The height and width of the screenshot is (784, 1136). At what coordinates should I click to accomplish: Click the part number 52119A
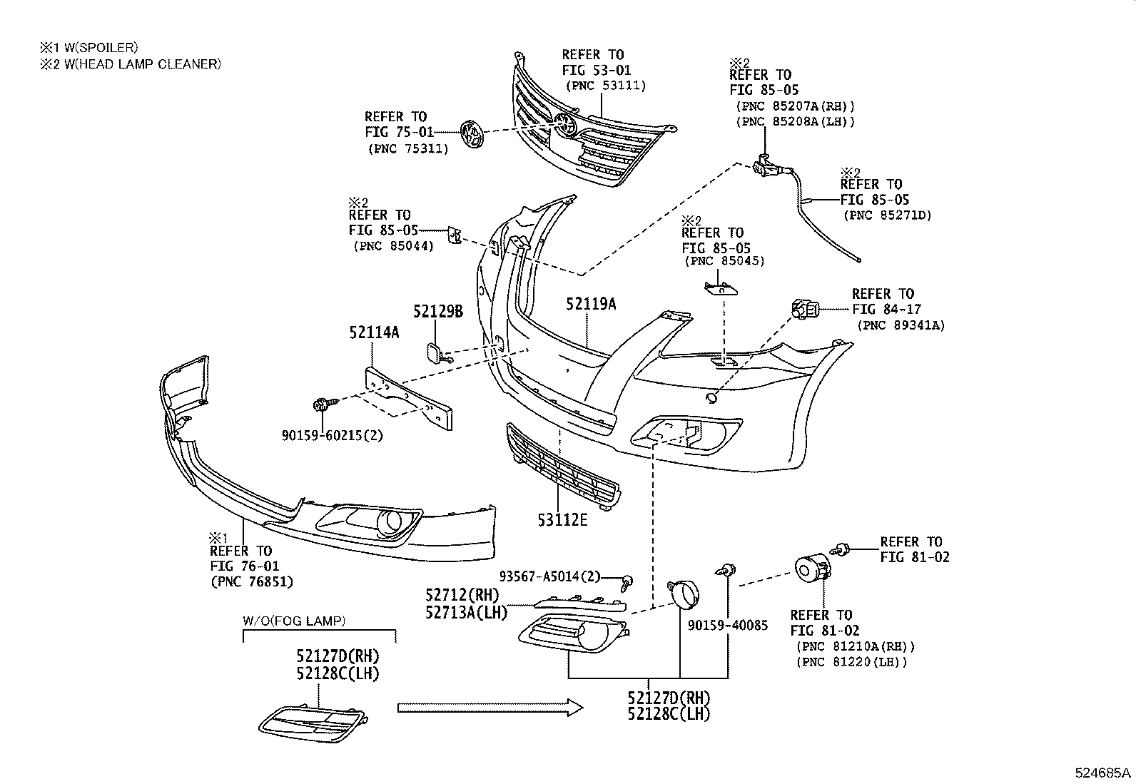[x=591, y=304]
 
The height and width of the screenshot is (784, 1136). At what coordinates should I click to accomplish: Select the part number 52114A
[x=374, y=332]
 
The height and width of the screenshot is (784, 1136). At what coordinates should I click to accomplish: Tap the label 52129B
[x=438, y=311]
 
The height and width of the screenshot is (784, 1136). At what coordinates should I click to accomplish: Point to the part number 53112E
[x=562, y=520]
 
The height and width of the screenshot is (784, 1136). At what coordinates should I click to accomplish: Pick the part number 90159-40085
[x=728, y=626]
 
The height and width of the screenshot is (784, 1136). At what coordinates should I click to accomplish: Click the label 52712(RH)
[x=462, y=595]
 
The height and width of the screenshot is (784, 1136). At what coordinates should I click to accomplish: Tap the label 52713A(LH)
[x=466, y=612]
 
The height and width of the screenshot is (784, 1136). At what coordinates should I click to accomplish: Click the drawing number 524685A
[x=1103, y=773]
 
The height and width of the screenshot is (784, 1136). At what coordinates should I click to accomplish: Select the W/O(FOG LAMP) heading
[x=294, y=621]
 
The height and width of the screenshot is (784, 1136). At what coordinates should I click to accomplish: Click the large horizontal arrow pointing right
[x=490, y=707]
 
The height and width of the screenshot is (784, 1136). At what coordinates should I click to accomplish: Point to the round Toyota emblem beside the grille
[x=472, y=134]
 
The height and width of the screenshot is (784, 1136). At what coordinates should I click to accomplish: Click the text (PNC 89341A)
[x=901, y=325]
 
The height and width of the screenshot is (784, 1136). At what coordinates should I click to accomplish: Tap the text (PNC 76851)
[x=252, y=581]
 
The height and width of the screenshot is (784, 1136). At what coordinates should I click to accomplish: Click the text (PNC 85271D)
[x=887, y=215]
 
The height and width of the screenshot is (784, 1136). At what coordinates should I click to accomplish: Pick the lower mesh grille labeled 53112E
[x=562, y=467]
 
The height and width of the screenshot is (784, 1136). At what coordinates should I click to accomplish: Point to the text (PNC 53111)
[x=606, y=86]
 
